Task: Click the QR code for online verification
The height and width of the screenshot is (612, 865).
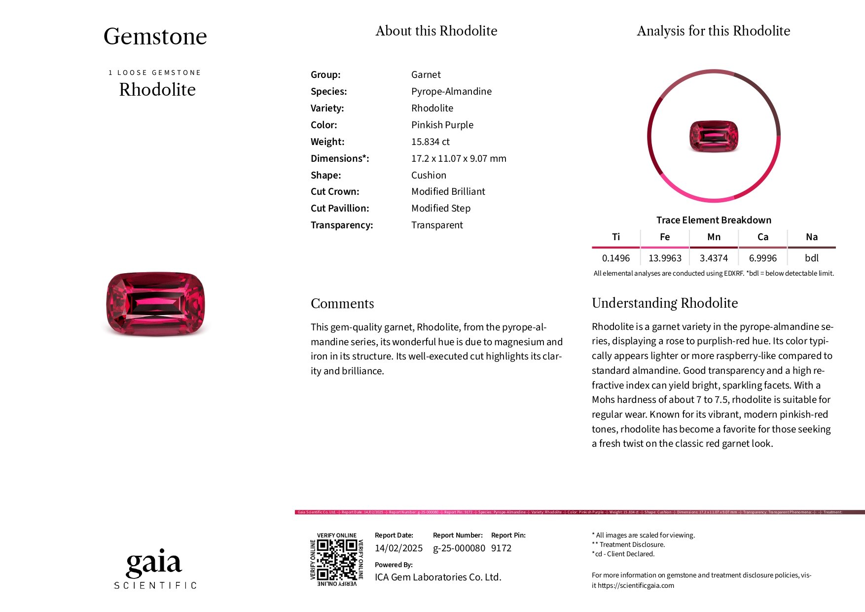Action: click(336, 559)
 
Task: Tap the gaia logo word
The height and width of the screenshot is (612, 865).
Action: click(154, 563)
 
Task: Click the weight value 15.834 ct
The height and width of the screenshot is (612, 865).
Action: click(430, 142)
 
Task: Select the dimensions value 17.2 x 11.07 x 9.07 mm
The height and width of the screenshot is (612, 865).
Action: click(459, 159)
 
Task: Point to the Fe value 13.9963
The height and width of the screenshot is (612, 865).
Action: click(665, 258)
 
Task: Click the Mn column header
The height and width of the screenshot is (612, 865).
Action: click(714, 237)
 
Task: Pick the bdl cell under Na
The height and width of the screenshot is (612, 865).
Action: click(811, 258)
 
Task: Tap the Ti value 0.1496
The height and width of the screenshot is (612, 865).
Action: click(615, 258)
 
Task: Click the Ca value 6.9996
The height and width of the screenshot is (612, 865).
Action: click(762, 258)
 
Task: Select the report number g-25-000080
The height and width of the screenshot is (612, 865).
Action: click(459, 548)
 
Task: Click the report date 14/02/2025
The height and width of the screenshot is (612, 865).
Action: click(398, 548)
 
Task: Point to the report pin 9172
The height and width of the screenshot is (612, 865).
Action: click(501, 548)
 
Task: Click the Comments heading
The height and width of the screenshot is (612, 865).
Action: click(342, 304)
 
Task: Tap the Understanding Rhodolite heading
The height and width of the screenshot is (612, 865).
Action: click(664, 303)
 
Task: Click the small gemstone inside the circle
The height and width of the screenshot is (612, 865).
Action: click(714, 136)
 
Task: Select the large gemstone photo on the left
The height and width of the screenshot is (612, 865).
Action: click(155, 304)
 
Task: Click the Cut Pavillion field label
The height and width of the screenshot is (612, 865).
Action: click(340, 209)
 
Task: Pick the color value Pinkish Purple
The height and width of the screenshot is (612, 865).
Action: click(442, 125)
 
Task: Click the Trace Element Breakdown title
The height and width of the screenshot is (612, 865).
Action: click(714, 220)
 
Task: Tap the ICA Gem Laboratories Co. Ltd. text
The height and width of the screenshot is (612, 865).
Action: click(438, 577)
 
